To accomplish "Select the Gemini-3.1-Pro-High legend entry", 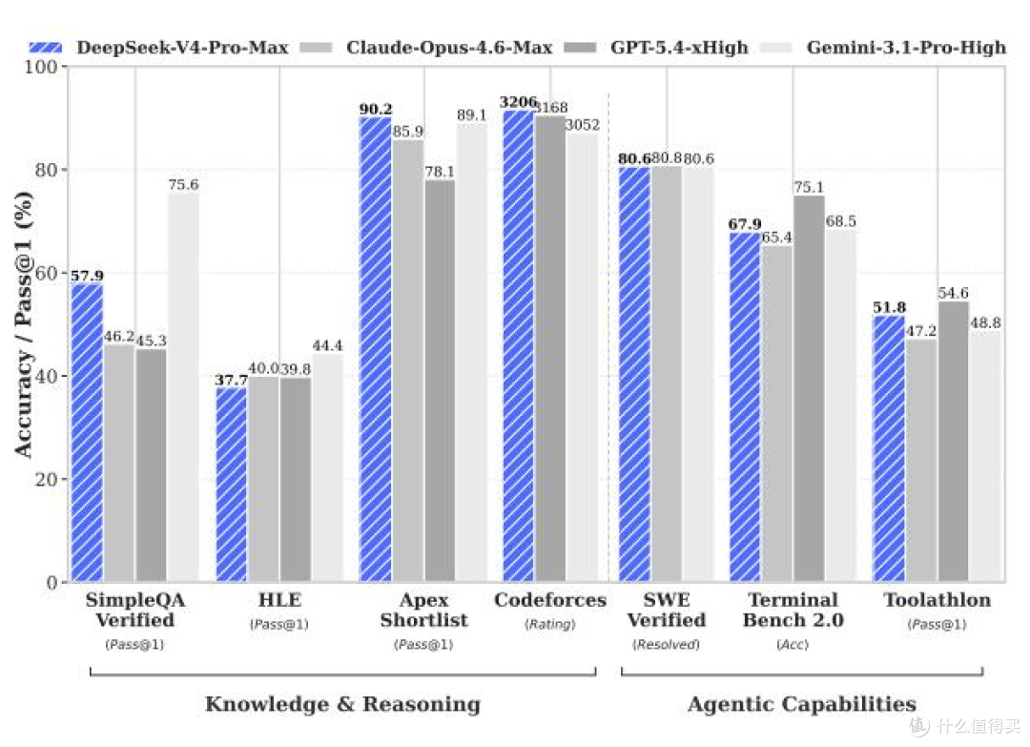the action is point(883,48).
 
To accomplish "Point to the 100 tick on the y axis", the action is point(41,67).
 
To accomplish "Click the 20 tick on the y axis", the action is point(47,480).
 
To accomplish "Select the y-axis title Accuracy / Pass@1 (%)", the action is point(23,324).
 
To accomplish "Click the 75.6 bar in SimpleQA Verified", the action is point(183,387).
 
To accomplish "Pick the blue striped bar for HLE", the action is point(231,485).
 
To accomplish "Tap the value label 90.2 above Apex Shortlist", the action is point(376,109).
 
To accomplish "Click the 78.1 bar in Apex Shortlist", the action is point(440,381).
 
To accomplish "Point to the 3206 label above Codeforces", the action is point(518,102).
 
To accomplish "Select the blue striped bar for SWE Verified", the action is point(634,375).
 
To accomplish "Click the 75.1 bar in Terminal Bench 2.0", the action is point(809,389).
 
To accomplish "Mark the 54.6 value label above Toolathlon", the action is point(953,293).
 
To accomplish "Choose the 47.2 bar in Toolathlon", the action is point(921,461).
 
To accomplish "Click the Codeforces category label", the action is point(550,600).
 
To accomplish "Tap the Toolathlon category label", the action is point(937,600).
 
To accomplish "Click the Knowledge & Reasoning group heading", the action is point(343,704).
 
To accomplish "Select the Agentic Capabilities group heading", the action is point(802,704).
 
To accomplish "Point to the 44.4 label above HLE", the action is point(327,345).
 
